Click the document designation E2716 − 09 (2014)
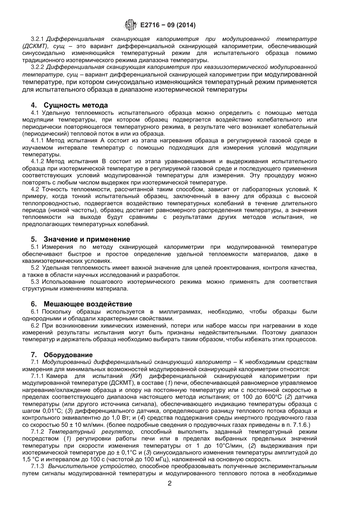tap(167, 25)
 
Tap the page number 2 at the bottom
tap(170, 483)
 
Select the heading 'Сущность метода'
tap(75, 105)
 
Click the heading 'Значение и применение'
tap(86, 239)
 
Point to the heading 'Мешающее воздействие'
tap(88, 304)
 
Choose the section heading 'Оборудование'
tap(68, 355)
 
